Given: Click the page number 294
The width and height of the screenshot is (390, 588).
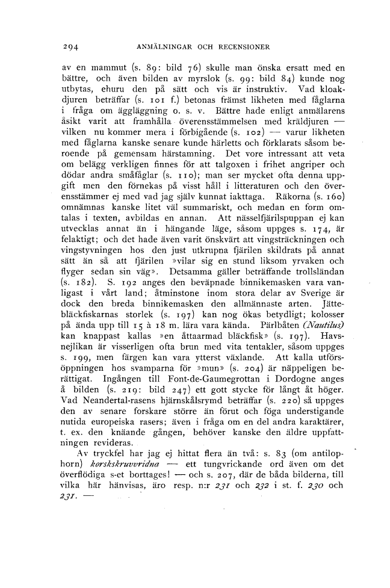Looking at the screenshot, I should pyautogui.click(x=73, y=46).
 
